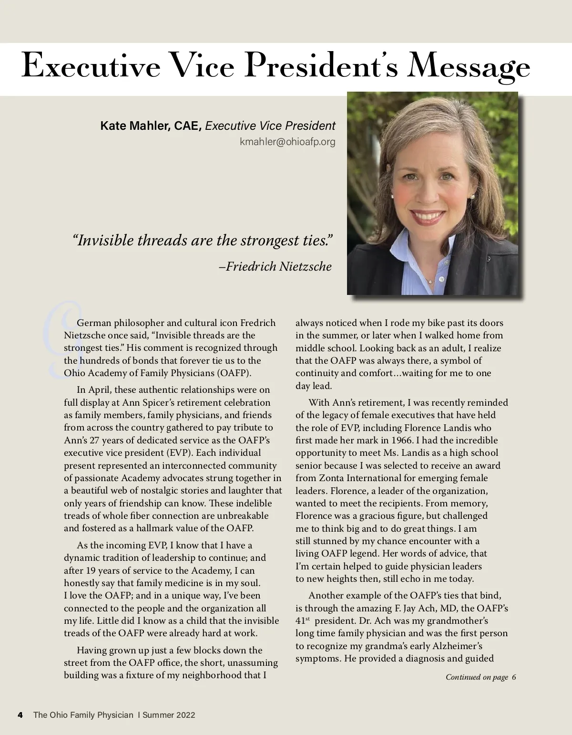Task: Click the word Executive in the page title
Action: pos(91,67)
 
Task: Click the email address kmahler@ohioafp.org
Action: pos(287,141)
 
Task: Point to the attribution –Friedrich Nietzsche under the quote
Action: pos(275,266)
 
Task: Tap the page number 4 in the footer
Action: pos(20,714)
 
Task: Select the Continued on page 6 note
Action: pos(480,677)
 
